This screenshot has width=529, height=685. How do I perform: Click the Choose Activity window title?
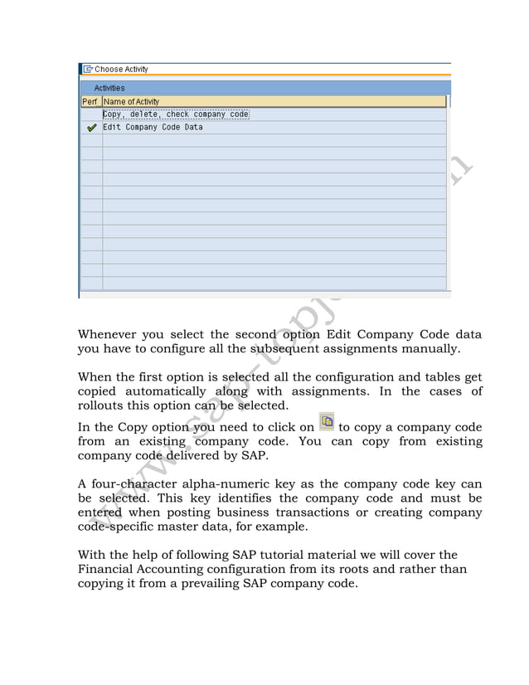(x=121, y=70)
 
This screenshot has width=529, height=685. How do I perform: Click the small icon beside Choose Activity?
(x=87, y=70)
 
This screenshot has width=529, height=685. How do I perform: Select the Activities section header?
(x=109, y=88)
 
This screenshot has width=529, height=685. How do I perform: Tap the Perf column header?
(x=90, y=101)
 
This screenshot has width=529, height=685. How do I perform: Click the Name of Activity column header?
(x=131, y=101)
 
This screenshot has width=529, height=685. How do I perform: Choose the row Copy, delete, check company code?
(x=176, y=114)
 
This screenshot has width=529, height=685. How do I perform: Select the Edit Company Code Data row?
(x=153, y=128)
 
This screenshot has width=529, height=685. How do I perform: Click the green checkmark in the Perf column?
(x=91, y=129)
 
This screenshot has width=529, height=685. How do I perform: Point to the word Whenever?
(x=108, y=335)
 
